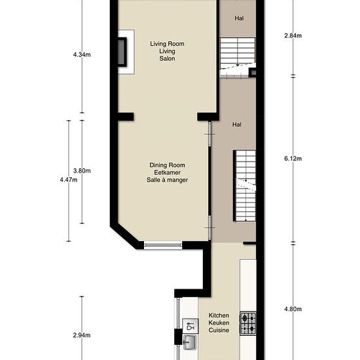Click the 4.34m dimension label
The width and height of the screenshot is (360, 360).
click(x=82, y=54)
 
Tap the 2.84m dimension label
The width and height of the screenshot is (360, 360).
click(x=293, y=35)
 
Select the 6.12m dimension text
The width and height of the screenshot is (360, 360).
click(x=293, y=158)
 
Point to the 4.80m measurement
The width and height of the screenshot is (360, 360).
click(x=293, y=309)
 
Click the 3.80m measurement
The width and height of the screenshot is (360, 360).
click(x=82, y=171)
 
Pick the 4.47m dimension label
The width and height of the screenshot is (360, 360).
click(x=69, y=180)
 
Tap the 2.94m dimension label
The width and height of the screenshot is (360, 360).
click(x=82, y=335)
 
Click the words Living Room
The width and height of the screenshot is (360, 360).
click(x=167, y=44)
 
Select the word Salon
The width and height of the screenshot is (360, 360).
click(x=167, y=58)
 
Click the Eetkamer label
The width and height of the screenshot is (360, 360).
click(x=167, y=172)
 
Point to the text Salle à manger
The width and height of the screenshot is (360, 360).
click(x=167, y=180)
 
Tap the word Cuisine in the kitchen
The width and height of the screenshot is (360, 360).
click(x=219, y=330)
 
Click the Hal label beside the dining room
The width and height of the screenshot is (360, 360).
click(x=237, y=124)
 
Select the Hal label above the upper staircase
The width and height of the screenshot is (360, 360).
click(x=239, y=18)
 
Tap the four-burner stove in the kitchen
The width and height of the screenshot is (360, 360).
click(x=248, y=323)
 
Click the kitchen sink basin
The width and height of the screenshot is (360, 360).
click(x=190, y=342)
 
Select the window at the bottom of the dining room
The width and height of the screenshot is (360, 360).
click(x=163, y=245)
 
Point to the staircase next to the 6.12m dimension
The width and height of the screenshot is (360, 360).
click(x=245, y=186)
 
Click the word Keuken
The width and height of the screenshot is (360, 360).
click(x=219, y=323)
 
